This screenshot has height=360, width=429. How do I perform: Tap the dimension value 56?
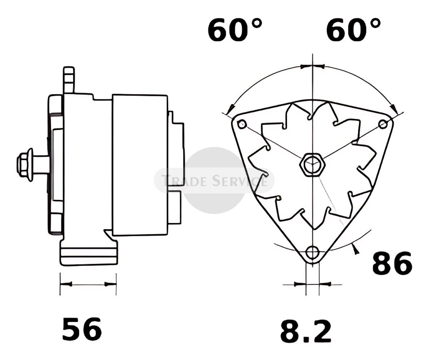click(x=82, y=329)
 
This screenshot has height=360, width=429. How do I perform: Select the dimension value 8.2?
click(x=306, y=331)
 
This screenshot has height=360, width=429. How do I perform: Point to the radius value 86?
click(x=392, y=263)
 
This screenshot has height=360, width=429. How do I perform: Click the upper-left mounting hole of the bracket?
click(x=242, y=124)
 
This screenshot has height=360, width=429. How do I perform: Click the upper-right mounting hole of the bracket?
click(x=383, y=124)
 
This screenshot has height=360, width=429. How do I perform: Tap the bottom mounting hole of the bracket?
click(x=312, y=252)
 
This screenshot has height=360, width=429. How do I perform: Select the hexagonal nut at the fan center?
click(x=312, y=165)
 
